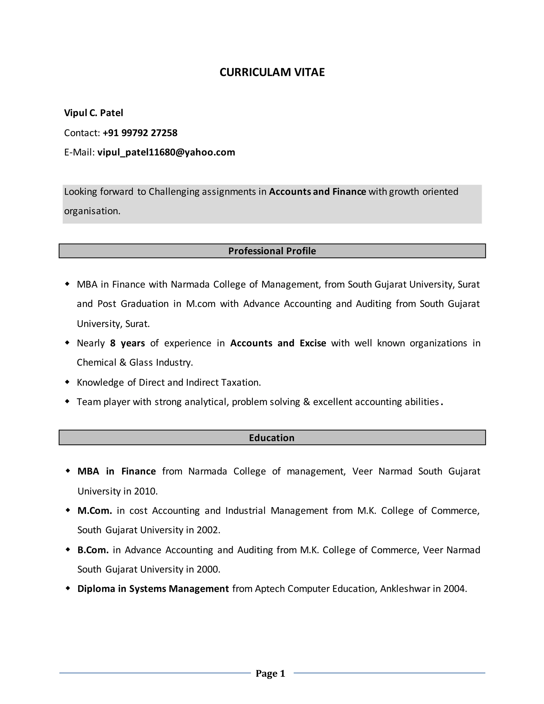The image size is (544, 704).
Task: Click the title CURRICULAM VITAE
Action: click(x=272, y=72)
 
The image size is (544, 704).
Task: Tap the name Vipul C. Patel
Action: click(x=93, y=113)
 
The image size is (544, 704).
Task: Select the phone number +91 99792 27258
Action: click(x=140, y=133)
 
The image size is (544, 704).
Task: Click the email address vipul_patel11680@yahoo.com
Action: click(x=166, y=152)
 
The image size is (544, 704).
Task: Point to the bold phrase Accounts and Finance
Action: click(x=317, y=192)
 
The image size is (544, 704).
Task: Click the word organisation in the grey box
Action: click(x=92, y=211)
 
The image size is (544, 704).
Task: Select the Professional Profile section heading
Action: click(x=272, y=251)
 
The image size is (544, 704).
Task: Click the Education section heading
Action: click(x=272, y=438)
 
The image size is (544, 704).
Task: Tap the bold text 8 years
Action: click(x=127, y=343)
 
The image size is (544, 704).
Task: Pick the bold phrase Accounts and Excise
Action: click(x=278, y=343)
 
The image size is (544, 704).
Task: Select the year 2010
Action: click(x=145, y=491)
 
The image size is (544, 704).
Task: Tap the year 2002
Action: click(x=208, y=530)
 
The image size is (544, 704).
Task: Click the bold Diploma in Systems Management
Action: click(x=153, y=589)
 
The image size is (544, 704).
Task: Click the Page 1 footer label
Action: click(x=270, y=673)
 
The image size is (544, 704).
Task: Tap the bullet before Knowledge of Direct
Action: click(x=67, y=382)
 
